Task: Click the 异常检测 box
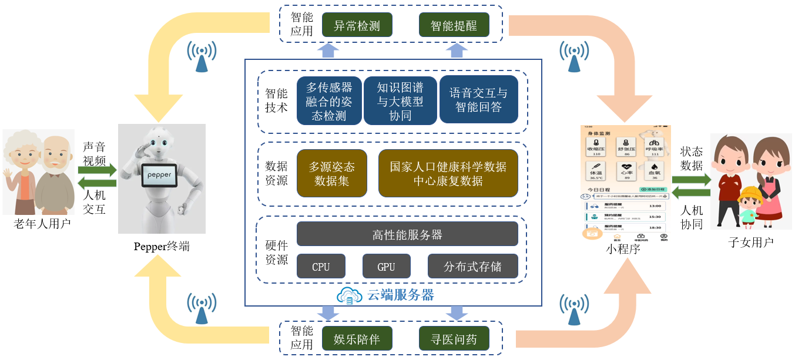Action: [x=357, y=26]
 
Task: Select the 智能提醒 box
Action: [x=454, y=26]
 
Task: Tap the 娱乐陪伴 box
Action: [x=357, y=339]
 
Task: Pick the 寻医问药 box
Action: [x=454, y=339]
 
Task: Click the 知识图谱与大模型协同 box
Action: [x=400, y=101]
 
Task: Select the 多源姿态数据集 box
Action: [x=332, y=173]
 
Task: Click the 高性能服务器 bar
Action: [x=407, y=234]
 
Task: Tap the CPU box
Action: [x=321, y=267]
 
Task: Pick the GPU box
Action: [x=386, y=267]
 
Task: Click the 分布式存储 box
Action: [x=472, y=267]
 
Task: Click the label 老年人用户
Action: [x=42, y=224]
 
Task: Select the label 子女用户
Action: [x=751, y=242]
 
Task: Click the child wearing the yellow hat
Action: [x=748, y=206]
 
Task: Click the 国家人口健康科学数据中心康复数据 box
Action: [x=448, y=173]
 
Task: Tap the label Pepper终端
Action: [x=162, y=246]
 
